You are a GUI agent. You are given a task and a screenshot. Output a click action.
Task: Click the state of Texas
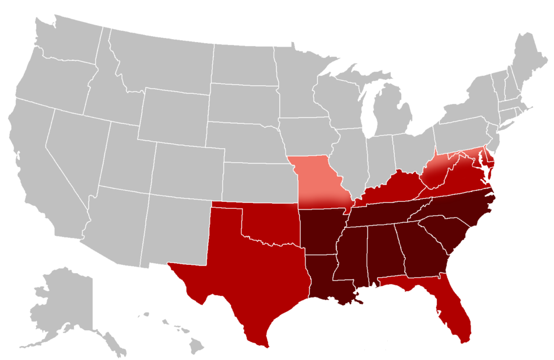245,274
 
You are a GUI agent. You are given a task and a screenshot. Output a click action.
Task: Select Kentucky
391,190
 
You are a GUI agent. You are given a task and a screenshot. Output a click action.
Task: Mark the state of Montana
163,64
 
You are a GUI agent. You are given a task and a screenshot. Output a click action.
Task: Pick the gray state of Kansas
257,181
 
